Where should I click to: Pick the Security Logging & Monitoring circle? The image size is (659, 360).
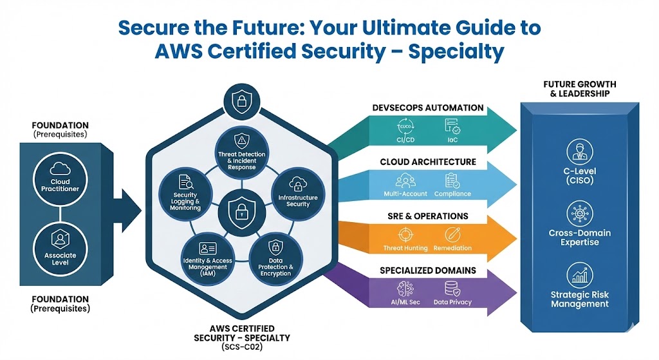click(x=186, y=191)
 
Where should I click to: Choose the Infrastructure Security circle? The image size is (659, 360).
click(x=293, y=192)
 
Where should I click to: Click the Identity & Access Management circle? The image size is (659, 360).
click(x=207, y=258)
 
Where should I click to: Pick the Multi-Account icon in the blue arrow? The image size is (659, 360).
click(x=405, y=180)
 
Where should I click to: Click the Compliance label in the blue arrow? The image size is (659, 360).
click(x=452, y=194)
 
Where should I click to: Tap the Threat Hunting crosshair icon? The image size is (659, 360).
click(x=405, y=234)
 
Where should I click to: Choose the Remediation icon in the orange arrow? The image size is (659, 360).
click(x=452, y=234)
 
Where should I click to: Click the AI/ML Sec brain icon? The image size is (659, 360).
click(x=405, y=287)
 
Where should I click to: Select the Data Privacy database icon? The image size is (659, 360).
click(x=452, y=287)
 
